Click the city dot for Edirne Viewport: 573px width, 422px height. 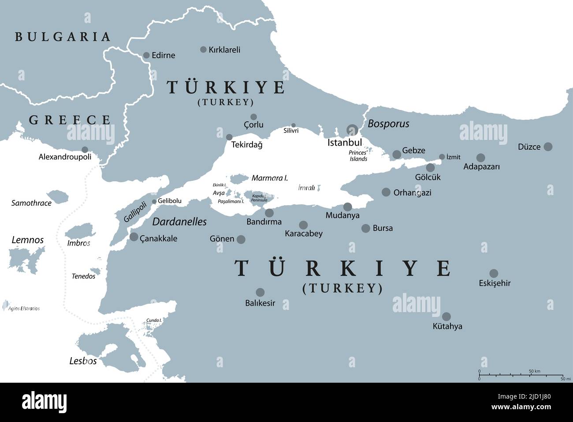tap(146, 55)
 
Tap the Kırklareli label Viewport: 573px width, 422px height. tap(224, 50)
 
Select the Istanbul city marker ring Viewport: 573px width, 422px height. tap(352, 129)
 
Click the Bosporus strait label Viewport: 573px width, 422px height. tap(388, 124)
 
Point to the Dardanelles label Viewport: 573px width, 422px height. tap(179, 222)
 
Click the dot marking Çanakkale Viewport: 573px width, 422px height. tap(134, 237)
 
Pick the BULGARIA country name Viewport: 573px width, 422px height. tap(63, 37)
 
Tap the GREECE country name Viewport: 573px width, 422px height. tap(70, 120)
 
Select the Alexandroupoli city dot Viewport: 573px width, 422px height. tap(85, 150)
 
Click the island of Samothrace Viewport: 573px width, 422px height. tap(56, 196)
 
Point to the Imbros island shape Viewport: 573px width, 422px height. tap(80, 232)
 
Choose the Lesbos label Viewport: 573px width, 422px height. tap(83, 361)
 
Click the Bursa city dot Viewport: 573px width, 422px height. tap(365, 228)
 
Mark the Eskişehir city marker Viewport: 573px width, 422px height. tap(494, 273)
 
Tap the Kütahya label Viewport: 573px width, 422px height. tap(447, 327)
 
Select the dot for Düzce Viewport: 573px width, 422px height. tap(548, 147)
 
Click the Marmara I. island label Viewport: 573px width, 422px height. tap(269, 178)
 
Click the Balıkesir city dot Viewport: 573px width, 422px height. tap(260, 292)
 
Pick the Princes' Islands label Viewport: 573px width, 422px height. tap(358, 155)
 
